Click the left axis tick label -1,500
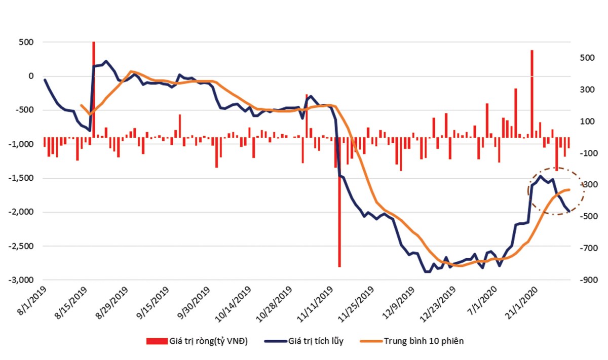(19, 178)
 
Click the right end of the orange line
(569, 190)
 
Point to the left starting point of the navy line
(45, 80)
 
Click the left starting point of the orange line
(81, 105)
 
